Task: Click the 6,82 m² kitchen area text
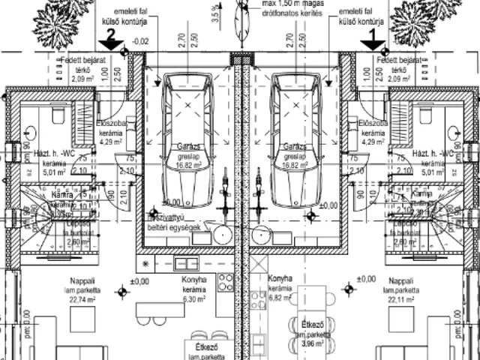tap(279, 296)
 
